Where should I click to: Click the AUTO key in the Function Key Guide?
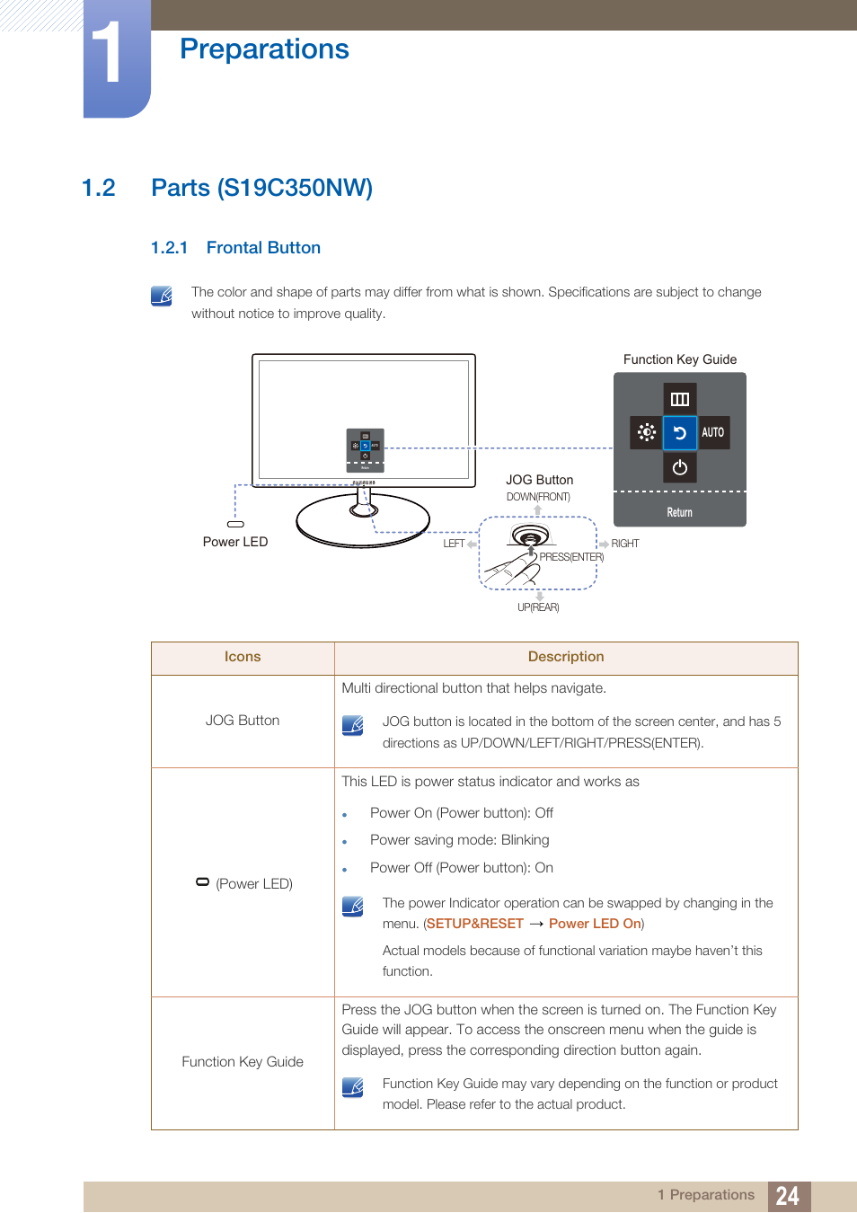pyautogui.click(x=713, y=432)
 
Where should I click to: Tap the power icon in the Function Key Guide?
pyautogui.click(x=680, y=467)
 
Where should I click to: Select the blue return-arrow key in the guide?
pyautogui.click(x=680, y=433)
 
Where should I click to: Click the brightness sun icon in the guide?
pyautogui.click(x=647, y=432)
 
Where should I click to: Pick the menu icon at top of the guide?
pyautogui.click(x=680, y=399)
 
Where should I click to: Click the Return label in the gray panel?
pyautogui.click(x=680, y=512)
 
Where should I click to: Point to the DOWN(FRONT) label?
pyautogui.click(x=538, y=497)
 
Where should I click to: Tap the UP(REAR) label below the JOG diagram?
pyautogui.click(x=538, y=607)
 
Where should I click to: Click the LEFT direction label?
pyautogui.click(x=455, y=544)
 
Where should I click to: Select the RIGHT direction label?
pyautogui.click(x=625, y=544)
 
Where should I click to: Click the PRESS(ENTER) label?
pyautogui.click(x=571, y=557)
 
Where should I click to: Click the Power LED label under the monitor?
pyautogui.click(x=235, y=542)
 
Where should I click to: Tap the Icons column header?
pyautogui.click(x=243, y=657)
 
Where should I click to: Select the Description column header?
pyautogui.click(x=566, y=657)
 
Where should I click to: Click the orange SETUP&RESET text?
pyautogui.click(x=475, y=924)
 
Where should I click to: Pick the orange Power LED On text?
pyautogui.click(x=595, y=924)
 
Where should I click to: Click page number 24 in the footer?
pyautogui.click(x=788, y=1196)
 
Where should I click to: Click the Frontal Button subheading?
pyautogui.click(x=263, y=248)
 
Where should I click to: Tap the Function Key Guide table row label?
pyautogui.click(x=243, y=1062)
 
